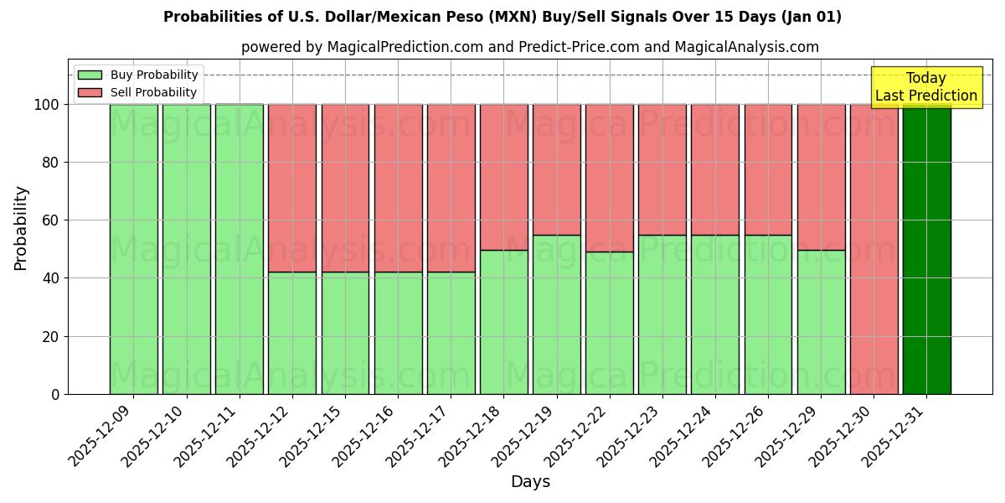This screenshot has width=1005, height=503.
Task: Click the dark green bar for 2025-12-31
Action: [x=926, y=249]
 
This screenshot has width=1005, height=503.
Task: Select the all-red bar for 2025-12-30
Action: [x=874, y=249]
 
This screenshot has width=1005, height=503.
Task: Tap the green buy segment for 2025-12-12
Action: [x=292, y=333]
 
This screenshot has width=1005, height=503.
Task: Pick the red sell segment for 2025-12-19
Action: [x=557, y=169]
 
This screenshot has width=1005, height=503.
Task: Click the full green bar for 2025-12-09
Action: [x=133, y=249]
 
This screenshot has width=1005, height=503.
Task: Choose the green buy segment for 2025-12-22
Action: [x=610, y=323]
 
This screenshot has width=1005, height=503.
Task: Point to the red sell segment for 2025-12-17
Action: [x=451, y=188]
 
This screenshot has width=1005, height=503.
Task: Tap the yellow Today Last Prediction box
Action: [x=925, y=87]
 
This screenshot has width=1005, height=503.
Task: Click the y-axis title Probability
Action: [x=21, y=228]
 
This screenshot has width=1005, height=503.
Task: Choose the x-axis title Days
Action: [x=530, y=482]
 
